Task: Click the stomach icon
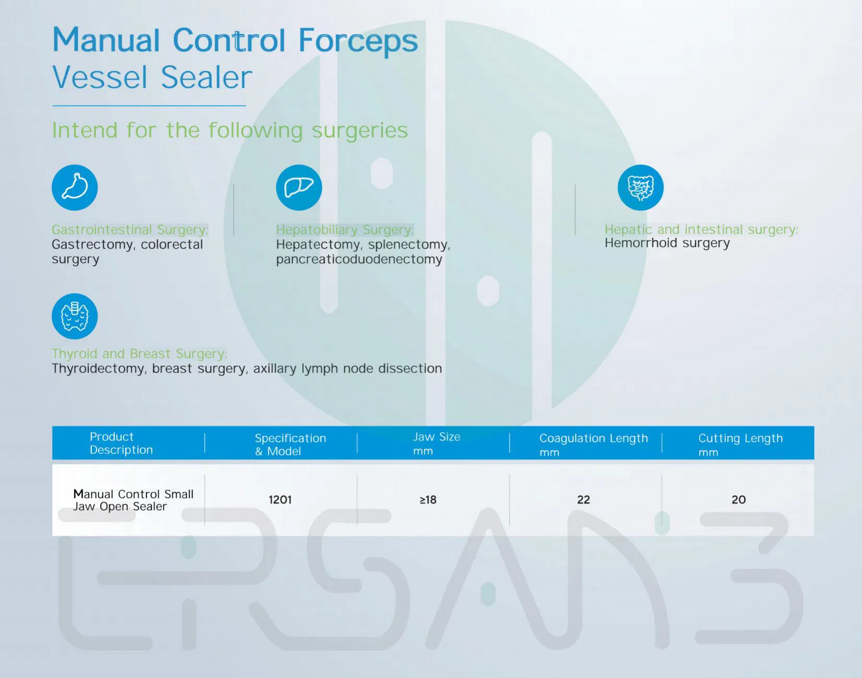coord(75,188)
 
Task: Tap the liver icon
coord(299,188)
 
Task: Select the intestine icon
coord(640,188)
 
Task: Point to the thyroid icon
coord(75,316)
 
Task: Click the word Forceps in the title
coord(358,41)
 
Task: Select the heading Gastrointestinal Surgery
coord(130,230)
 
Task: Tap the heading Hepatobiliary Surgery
coord(345,230)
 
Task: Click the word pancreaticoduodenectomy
coord(359,260)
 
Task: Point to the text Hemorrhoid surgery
coord(667,243)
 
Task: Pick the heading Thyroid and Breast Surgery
coord(139,354)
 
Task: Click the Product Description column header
coord(121,443)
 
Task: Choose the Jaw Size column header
coord(436,443)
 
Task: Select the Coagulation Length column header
coord(593,445)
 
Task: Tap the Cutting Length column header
coord(740,445)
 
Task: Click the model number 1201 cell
coord(280,500)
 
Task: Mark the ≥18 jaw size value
coord(428,500)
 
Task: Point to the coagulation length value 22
coord(584,500)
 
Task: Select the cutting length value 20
coord(738,500)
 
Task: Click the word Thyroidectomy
coord(98,369)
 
